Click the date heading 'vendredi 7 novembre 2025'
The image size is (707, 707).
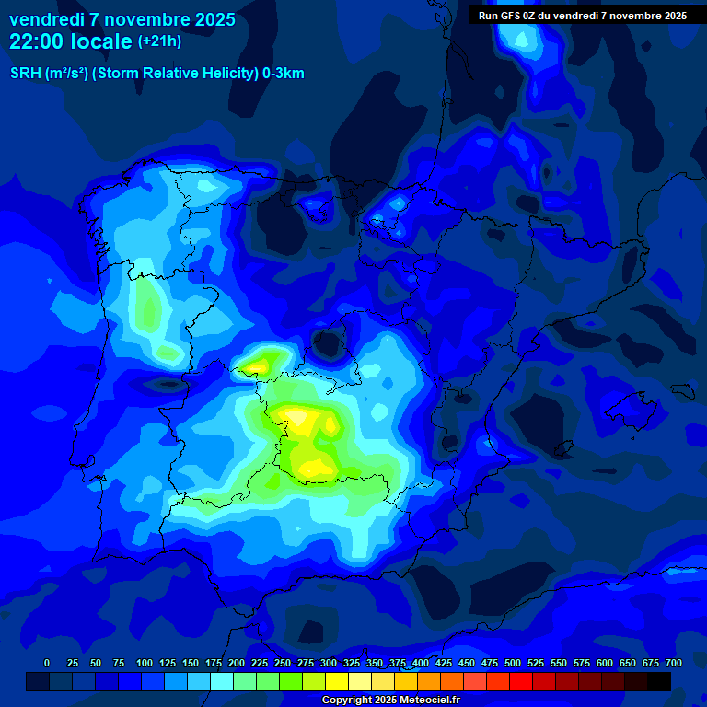[122, 19]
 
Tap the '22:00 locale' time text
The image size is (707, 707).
[70, 41]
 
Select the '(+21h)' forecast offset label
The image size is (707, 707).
[159, 41]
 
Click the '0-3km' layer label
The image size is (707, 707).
[284, 74]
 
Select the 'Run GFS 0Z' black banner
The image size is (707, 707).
[582, 16]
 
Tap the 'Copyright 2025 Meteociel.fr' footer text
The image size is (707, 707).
[390, 701]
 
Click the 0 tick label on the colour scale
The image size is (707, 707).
[47, 663]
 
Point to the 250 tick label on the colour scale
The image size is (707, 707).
[283, 663]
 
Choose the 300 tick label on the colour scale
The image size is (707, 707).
[329, 663]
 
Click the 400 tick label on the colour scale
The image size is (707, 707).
[421, 663]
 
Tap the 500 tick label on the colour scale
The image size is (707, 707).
[513, 663]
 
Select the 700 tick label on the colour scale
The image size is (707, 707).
[673, 663]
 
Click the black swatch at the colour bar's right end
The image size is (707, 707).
[659, 681]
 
